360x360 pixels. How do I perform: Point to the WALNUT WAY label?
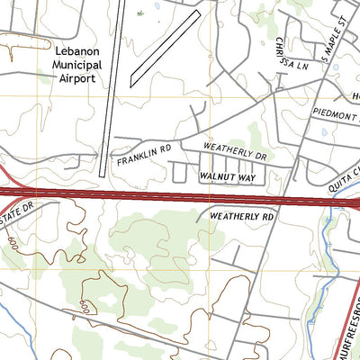229,177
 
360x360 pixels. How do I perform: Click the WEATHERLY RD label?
240,217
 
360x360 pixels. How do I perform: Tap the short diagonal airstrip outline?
165,49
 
